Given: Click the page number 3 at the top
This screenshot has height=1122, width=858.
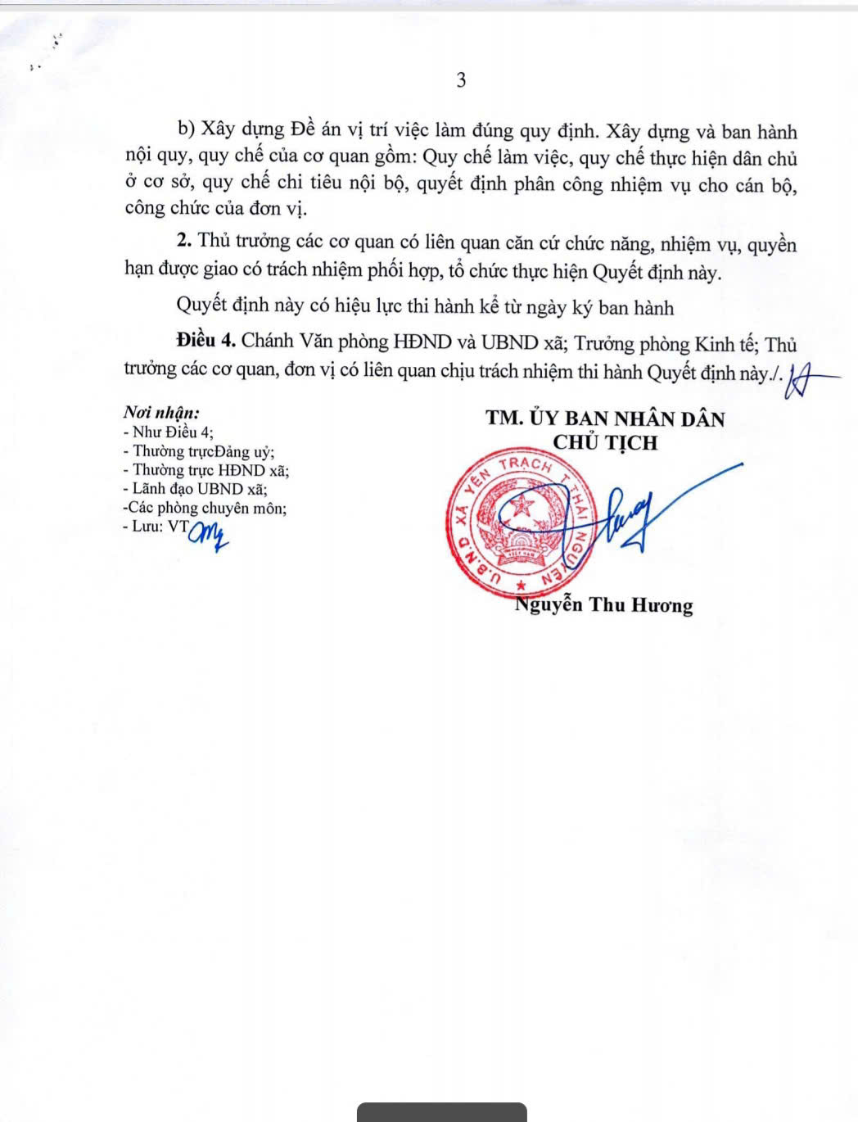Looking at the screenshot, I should pyautogui.click(x=461, y=80).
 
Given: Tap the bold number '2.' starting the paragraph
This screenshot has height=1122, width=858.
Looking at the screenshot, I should pyautogui.click(x=184, y=242).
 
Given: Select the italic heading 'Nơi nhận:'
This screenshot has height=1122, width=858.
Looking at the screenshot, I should pyautogui.click(x=161, y=414).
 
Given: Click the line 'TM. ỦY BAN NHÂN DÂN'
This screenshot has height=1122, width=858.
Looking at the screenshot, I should pyautogui.click(x=605, y=418).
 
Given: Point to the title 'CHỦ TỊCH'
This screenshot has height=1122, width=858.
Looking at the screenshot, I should pyautogui.click(x=605, y=443).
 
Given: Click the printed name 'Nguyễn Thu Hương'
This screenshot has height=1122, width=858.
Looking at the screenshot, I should pyautogui.click(x=604, y=605).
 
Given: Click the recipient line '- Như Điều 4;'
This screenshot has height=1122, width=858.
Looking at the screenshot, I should pyautogui.click(x=169, y=432).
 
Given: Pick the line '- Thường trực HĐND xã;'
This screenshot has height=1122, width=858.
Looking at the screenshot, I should pyautogui.click(x=205, y=470).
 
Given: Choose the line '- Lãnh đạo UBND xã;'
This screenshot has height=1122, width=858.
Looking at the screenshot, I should pyautogui.click(x=195, y=489).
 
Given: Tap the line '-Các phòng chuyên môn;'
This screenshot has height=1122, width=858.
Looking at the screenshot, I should pyautogui.click(x=204, y=508).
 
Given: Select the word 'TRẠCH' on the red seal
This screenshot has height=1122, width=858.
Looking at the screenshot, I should pyautogui.click(x=525, y=465).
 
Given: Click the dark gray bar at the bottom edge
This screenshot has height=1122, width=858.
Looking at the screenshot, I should pyautogui.click(x=441, y=1112).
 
